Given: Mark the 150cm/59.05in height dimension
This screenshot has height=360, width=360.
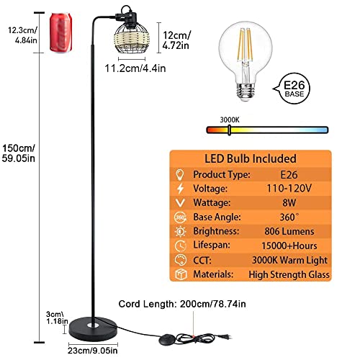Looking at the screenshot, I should tap(16, 152).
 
